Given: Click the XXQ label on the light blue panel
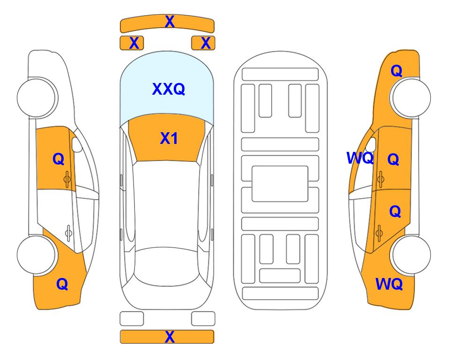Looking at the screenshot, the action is pyautogui.click(x=169, y=89).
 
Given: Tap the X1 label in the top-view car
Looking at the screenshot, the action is pyautogui.click(x=169, y=138).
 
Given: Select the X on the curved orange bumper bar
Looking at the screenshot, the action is pyautogui.click(x=170, y=22).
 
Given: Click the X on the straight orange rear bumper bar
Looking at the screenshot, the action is pyautogui.click(x=170, y=337).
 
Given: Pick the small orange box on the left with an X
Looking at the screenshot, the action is pyautogui.click(x=132, y=43).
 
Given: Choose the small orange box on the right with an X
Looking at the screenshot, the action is pyautogui.click(x=203, y=43).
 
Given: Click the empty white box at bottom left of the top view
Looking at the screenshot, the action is pyautogui.click(x=132, y=319).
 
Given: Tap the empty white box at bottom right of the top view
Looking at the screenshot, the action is pyautogui.click(x=203, y=319).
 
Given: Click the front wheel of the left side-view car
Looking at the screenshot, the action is pyautogui.click(x=36, y=97).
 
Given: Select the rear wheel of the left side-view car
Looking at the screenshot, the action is pyautogui.click(x=36, y=255).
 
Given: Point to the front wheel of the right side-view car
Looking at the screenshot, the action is pyautogui.click(x=412, y=97).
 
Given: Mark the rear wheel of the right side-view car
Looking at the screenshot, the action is pyautogui.click(x=412, y=255).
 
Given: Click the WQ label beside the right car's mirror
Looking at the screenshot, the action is pyautogui.click(x=360, y=158).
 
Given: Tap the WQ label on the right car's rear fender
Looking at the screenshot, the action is pyautogui.click(x=389, y=284).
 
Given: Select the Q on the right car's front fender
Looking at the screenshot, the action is pyautogui.click(x=396, y=71).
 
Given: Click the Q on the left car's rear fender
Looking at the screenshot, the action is pyautogui.click(x=62, y=284).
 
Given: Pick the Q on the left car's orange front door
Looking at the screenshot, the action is pyautogui.click(x=59, y=159).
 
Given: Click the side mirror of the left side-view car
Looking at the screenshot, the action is pyautogui.click(x=76, y=144).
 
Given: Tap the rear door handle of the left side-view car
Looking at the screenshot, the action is pyautogui.click(x=68, y=232).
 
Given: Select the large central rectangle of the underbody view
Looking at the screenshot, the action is pyautogui.click(x=280, y=184).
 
